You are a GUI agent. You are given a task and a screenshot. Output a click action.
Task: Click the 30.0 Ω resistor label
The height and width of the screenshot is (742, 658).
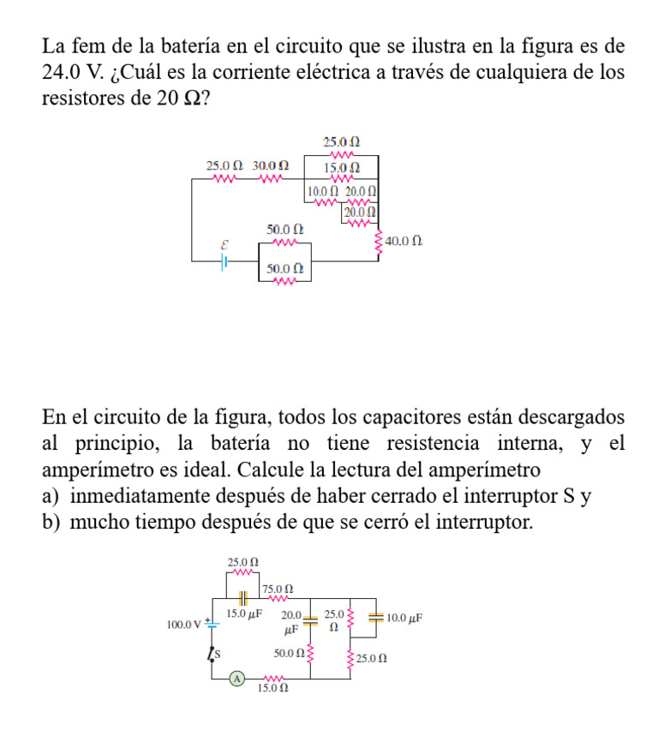[x=270, y=165]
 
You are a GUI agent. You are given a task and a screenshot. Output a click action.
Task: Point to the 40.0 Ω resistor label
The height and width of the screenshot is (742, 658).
[x=403, y=243]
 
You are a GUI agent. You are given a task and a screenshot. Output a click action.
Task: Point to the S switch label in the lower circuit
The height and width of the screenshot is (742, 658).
[x=218, y=655]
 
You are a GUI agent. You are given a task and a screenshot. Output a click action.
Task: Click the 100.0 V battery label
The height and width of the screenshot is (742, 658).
[x=182, y=624]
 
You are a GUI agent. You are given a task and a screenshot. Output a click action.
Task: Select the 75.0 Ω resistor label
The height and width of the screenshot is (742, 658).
[x=278, y=589]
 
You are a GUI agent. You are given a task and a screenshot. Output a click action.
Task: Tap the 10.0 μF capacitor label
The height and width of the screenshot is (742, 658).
[x=404, y=617]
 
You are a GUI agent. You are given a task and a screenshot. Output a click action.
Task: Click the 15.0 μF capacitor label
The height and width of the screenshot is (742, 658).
[x=243, y=614]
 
